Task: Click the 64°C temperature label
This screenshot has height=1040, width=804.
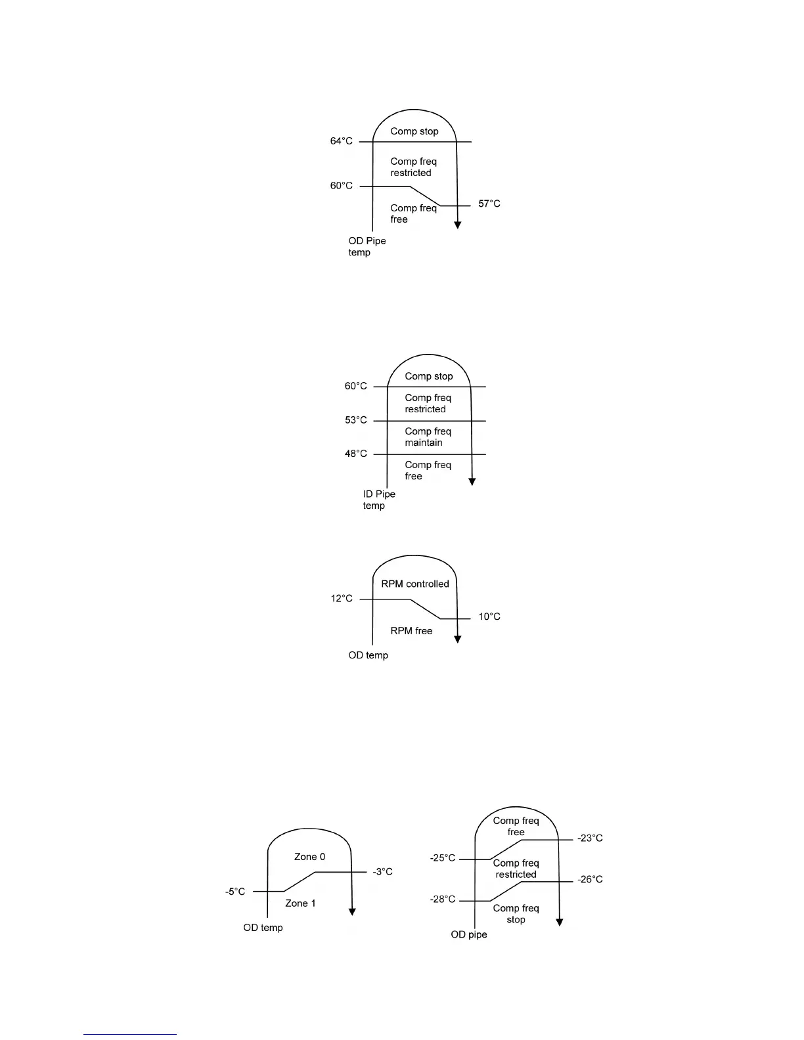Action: click(341, 141)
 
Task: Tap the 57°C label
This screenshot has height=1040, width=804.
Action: click(489, 204)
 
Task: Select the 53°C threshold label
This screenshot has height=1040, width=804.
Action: click(355, 420)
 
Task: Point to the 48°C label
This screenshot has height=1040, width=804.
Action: click(355, 454)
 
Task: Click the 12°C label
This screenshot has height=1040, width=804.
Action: click(341, 599)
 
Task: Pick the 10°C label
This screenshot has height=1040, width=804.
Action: click(489, 617)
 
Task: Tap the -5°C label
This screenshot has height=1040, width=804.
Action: click(235, 892)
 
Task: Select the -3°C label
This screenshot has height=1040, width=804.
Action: click(382, 872)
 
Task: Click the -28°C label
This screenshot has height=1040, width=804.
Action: click(442, 899)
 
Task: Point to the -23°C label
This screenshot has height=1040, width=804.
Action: click(590, 838)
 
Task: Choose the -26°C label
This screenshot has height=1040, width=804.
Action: click(590, 880)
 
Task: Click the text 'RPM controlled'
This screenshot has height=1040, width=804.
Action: click(415, 584)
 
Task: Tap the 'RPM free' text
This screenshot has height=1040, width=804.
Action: click(411, 631)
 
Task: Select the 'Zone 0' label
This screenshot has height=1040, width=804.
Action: click(309, 857)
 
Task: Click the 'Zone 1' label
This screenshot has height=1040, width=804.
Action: click(300, 903)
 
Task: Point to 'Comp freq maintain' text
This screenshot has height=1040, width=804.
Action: click(428, 437)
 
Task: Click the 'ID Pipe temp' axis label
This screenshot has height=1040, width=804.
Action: click(378, 500)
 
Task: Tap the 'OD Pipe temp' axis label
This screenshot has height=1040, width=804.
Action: click(367, 247)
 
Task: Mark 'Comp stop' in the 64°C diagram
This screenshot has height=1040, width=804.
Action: click(414, 131)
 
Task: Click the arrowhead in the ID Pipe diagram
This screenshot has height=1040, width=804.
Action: click(472, 481)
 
